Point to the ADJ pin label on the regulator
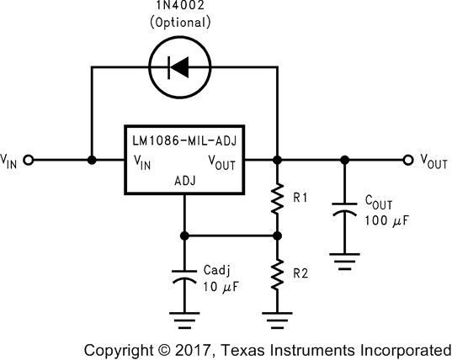coord(184,180)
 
